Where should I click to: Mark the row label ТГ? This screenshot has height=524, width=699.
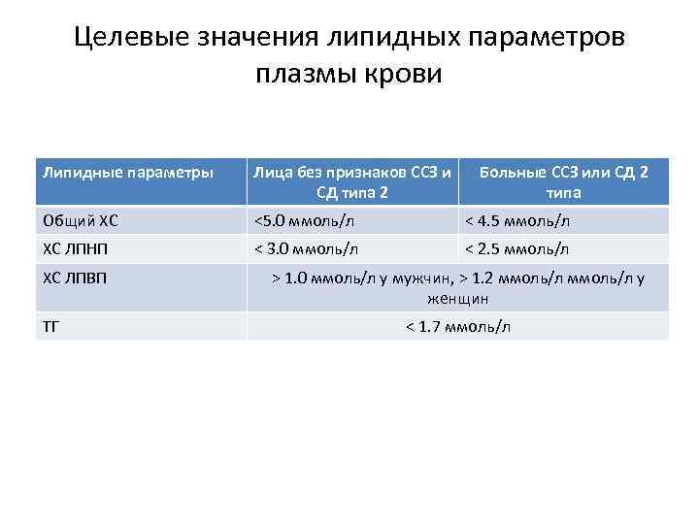(51, 326)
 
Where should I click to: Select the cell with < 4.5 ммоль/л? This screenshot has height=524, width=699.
(517, 220)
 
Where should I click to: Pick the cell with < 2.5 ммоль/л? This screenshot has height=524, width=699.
(517, 248)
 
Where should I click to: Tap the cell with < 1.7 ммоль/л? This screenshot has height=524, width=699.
(457, 326)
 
